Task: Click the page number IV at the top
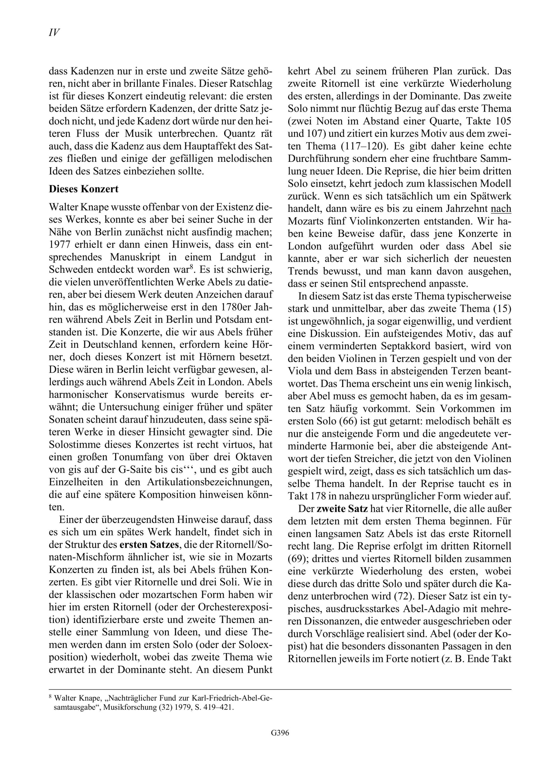[x=54, y=32]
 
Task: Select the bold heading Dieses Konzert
[x=83, y=189]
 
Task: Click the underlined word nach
[x=501, y=209]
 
